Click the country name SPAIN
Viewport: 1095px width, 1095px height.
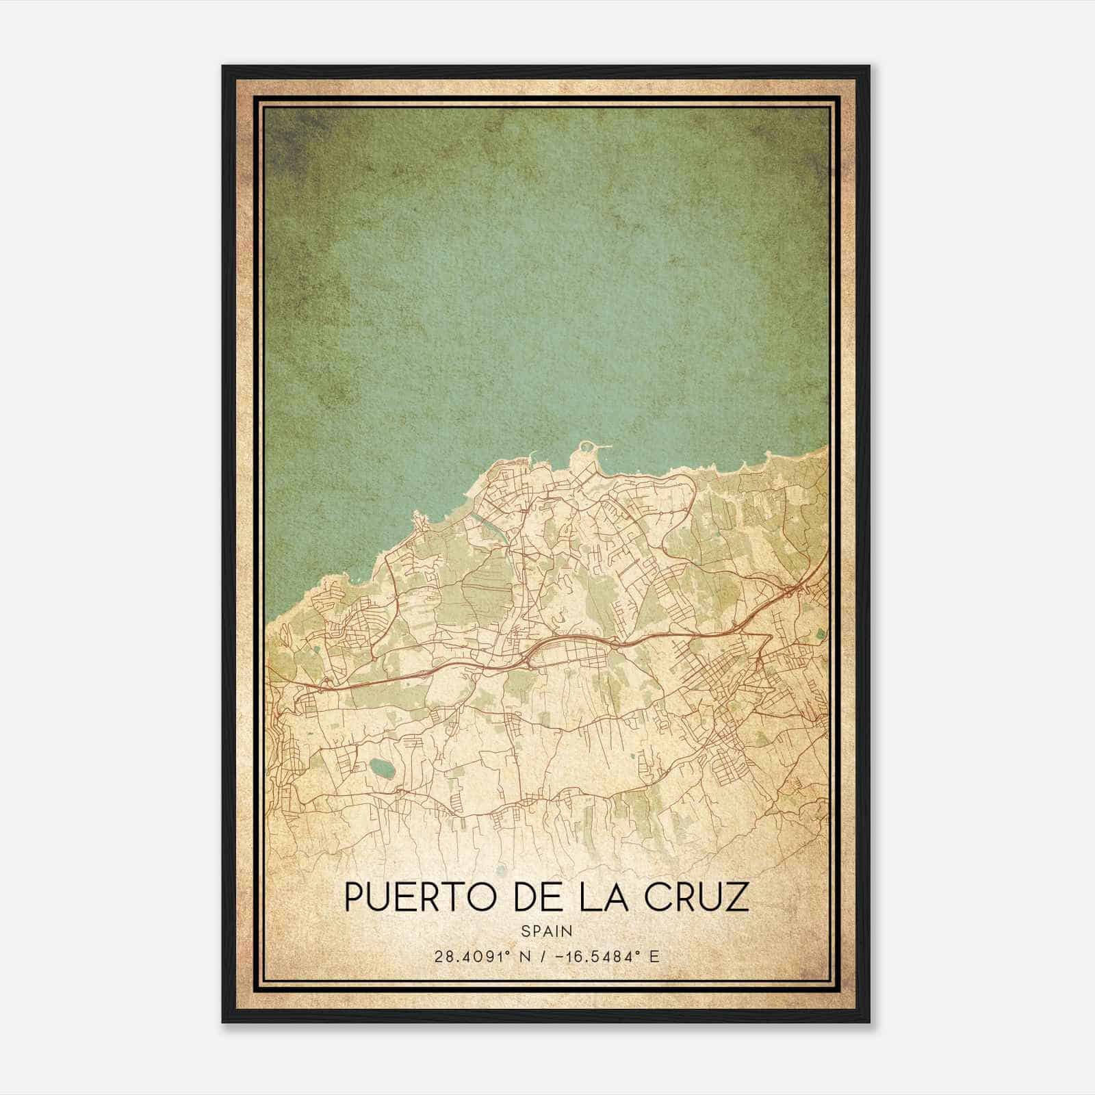tap(546, 931)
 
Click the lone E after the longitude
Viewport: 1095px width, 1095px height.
tap(654, 957)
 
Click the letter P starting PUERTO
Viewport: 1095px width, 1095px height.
tap(355, 897)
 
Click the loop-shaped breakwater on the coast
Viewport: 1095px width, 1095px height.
tap(587, 449)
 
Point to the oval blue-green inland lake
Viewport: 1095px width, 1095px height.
tap(381, 769)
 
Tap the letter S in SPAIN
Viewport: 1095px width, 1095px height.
tap(525, 931)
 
